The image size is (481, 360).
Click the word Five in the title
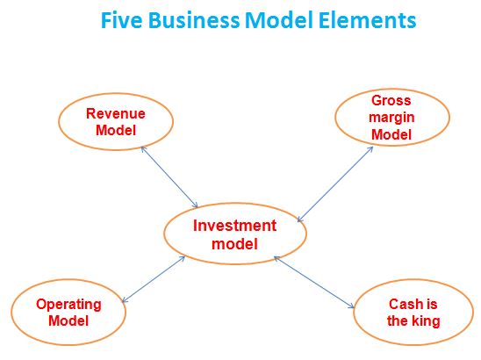coord(121,20)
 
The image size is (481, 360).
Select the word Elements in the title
coord(367,20)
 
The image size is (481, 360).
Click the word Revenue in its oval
coord(116,113)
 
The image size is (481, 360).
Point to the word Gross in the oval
coord(391,100)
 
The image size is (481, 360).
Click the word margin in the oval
coord(391,118)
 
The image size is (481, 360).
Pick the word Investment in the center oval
coord(234,226)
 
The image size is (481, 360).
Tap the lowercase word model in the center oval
coord(234,244)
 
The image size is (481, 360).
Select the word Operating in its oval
coord(68,305)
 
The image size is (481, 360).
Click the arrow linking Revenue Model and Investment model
coord(169,177)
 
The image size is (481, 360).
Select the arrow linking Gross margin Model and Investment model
coord(335,184)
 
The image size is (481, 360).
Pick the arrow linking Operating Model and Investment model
coord(154,279)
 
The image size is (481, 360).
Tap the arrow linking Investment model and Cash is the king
coord(314,283)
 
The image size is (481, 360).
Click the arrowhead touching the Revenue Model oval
coord(143,149)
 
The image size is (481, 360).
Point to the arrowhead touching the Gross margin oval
coord(370,149)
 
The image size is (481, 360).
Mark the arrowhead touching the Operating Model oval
coord(125,300)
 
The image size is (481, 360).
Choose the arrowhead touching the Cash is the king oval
coord(351,306)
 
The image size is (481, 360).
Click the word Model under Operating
coord(68,321)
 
